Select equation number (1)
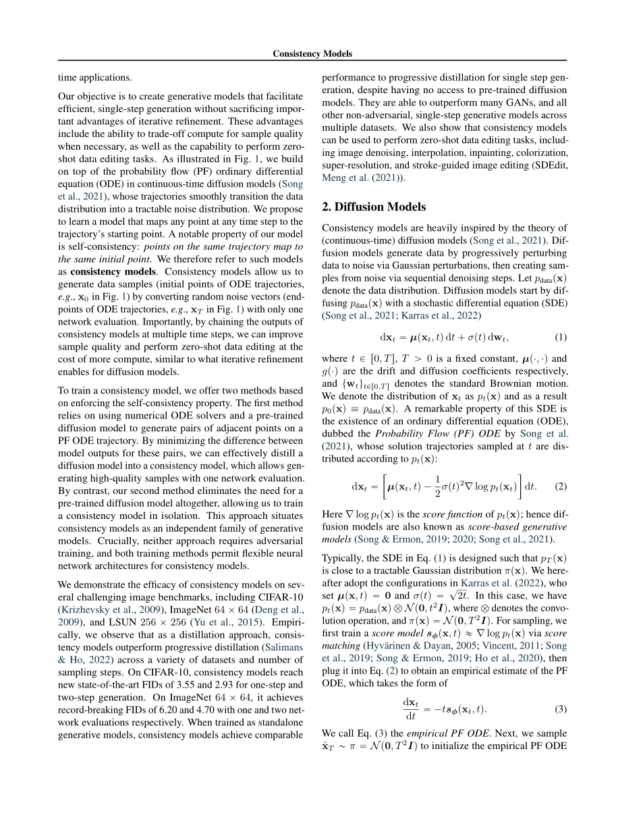[560, 336]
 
